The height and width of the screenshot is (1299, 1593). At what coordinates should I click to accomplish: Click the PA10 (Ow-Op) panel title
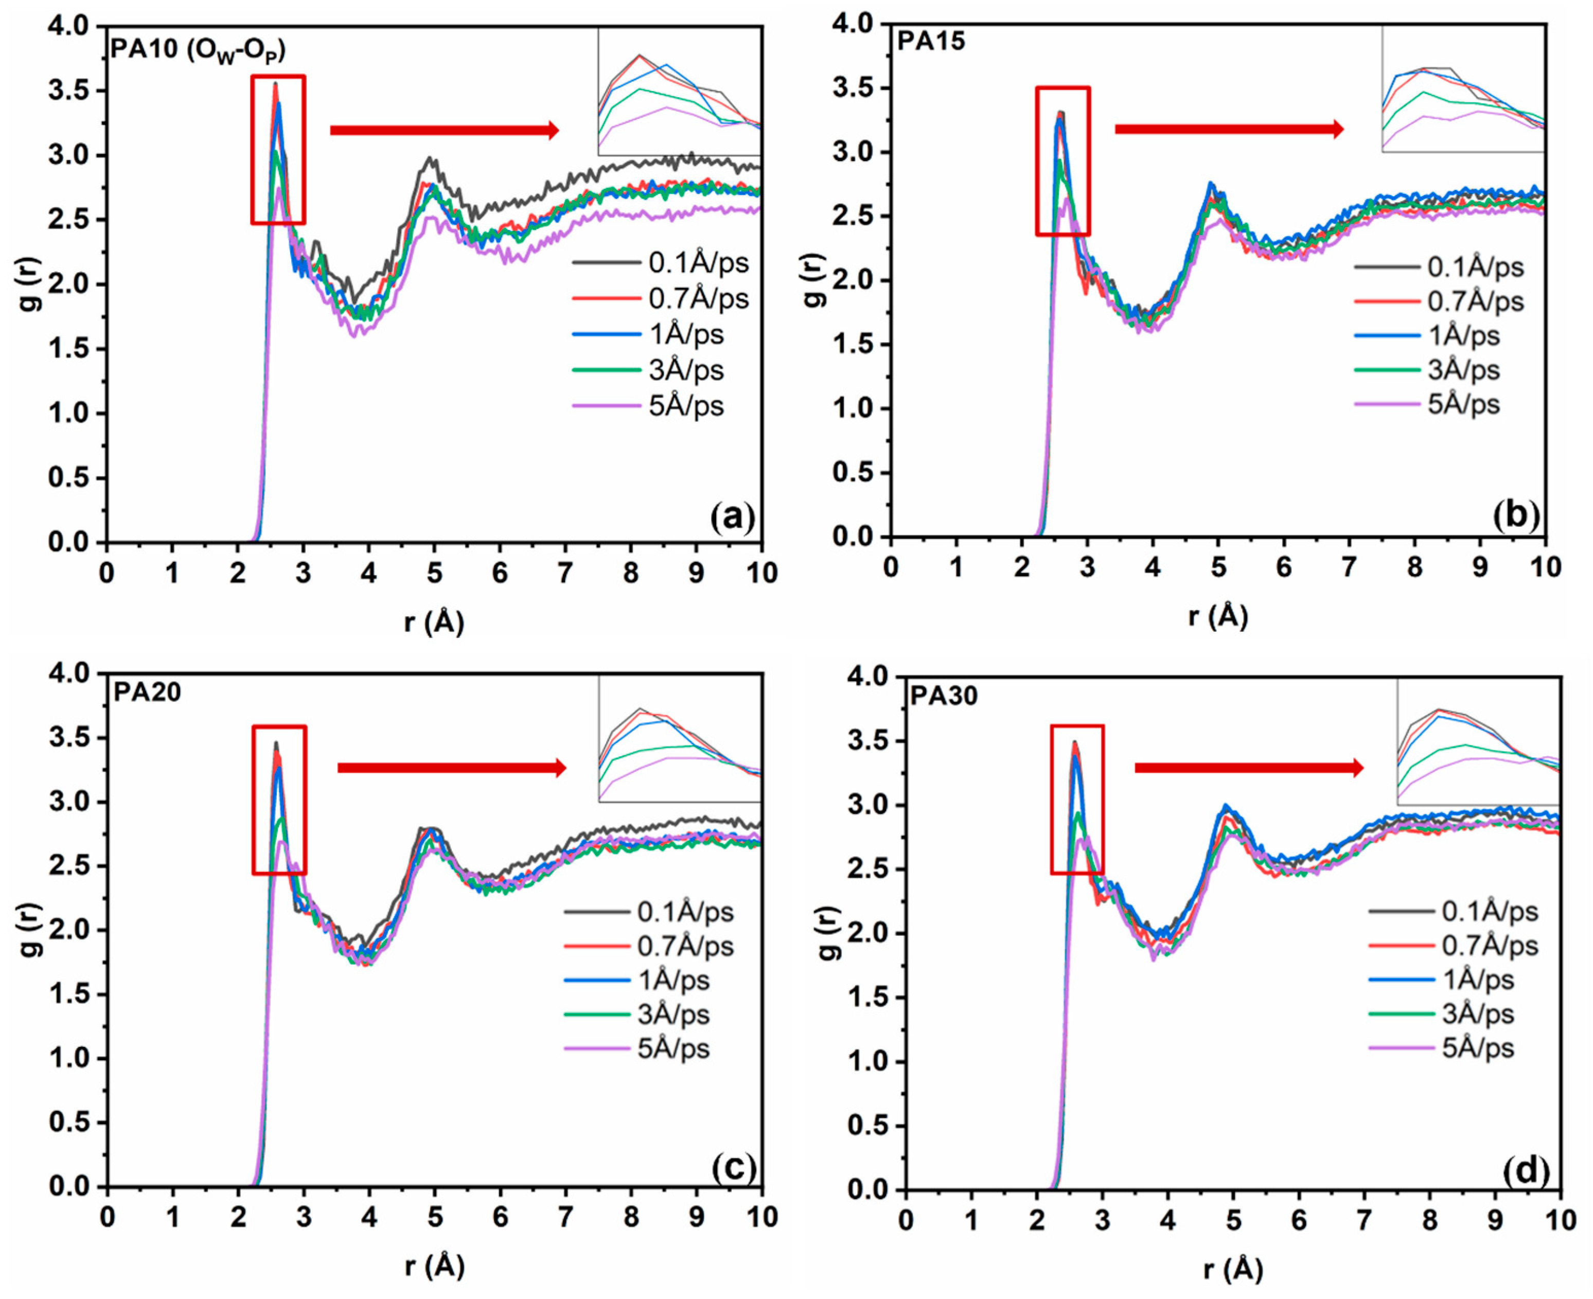point(198,49)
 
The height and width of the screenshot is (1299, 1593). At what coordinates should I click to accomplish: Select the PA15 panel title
point(930,41)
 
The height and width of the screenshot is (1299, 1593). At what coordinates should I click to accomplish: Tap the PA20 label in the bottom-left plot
point(147,692)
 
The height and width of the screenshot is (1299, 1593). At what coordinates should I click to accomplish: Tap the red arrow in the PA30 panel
point(1248,768)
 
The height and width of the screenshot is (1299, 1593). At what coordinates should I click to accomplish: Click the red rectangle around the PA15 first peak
point(1062,161)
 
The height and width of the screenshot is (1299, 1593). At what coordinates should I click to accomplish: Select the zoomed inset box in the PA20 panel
point(679,739)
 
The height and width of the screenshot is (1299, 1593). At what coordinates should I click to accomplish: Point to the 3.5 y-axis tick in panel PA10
point(68,91)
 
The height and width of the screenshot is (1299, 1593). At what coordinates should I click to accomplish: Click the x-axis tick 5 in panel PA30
point(1232,1221)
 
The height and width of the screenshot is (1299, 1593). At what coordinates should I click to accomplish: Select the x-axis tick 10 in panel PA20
point(761,1217)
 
